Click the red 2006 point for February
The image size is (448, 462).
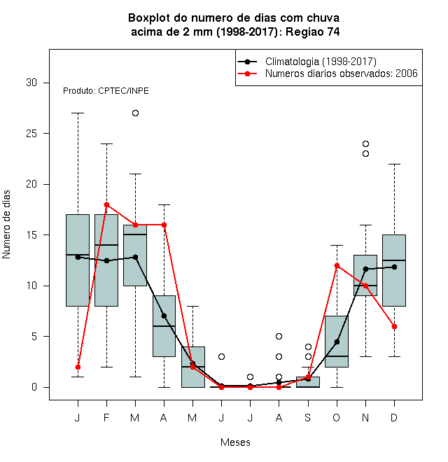coord(106,205)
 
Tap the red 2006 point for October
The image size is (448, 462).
coord(337,266)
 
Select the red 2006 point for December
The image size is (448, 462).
coord(394,326)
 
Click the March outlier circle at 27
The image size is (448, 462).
coord(135,113)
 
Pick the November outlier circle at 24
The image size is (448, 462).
coord(366,143)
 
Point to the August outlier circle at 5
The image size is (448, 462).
coord(279,336)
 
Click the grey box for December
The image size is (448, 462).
coord(394,270)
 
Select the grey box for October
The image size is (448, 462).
coord(337,342)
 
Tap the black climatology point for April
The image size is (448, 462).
coord(164,316)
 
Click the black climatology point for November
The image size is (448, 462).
coord(366,269)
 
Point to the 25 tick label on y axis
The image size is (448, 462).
coord(31,134)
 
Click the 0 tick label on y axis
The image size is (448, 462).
coord(34,387)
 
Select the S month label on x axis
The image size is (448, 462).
coord(308,417)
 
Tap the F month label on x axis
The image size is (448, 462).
coord(106,417)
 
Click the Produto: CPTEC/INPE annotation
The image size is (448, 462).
coord(106,91)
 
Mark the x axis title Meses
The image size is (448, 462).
coord(235,442)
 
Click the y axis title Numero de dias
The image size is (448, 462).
coord(6,225)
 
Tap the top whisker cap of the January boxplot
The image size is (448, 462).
coord(78,113)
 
